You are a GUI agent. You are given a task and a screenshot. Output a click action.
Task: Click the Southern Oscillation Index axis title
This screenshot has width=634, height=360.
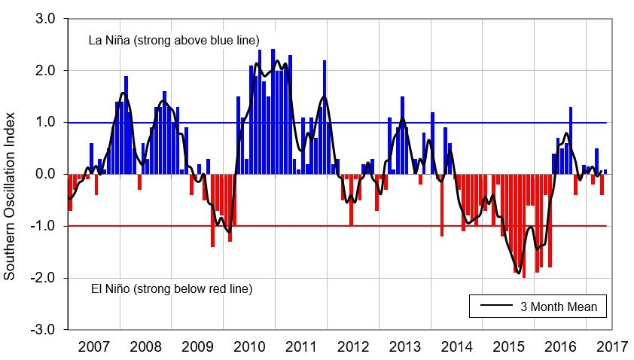tap(11, 175)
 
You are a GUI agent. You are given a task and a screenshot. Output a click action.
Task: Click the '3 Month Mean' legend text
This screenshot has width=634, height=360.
tap(559, 307)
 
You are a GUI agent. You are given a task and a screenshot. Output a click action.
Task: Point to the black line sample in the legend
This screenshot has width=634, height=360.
tap(495, 307)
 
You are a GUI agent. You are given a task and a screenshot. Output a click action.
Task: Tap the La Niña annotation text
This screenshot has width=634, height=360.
tap(174, 40)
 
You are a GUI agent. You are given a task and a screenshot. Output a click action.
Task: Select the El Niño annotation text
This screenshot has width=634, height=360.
tap(171, 288)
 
